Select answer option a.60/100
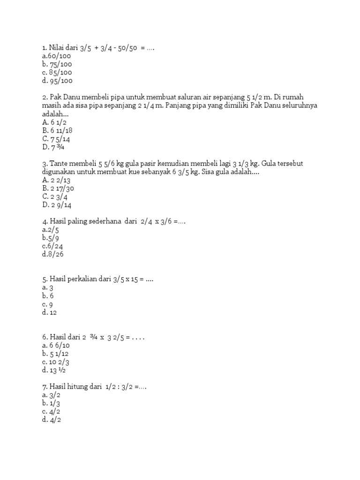click(56, 56)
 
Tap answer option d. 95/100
click(57, 81)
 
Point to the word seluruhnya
click(298, 105)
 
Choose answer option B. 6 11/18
click(58, 131)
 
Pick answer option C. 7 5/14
click(56, 139)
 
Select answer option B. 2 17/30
click(58, 188)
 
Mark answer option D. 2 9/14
click(57, 205)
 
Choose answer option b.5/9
click(51, 239)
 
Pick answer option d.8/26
click(52, 255)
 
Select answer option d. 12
click(49, 313)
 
